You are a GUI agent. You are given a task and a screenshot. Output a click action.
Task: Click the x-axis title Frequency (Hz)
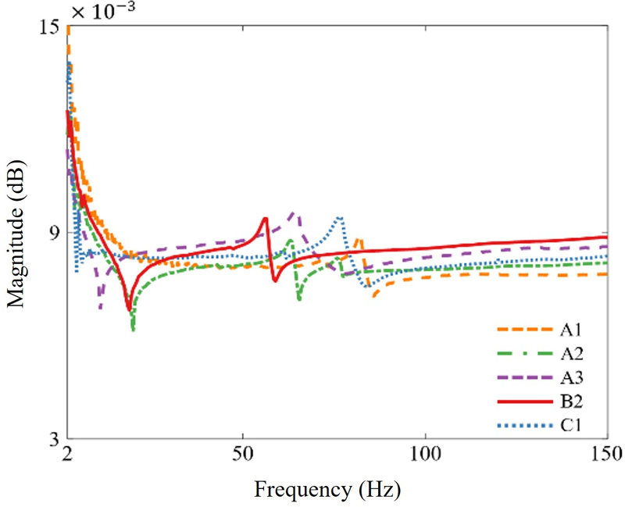(x=327, y=490)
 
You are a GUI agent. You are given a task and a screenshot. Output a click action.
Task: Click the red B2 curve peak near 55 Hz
(x=266, y=219)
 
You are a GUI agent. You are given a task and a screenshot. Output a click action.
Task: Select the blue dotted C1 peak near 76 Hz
(x=339, y=218)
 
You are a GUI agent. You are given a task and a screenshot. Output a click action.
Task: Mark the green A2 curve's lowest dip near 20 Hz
(x=134, y=330)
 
